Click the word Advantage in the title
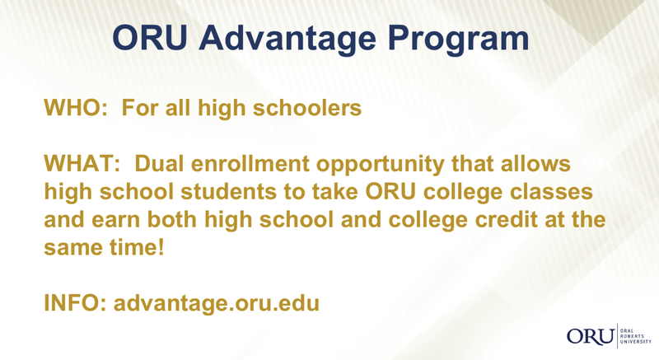click(287, 40)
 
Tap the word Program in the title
click(458, 40)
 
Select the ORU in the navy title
click(150, 37)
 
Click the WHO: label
click(76, 108)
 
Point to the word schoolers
click(306, 108)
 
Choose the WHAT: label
click(82, 163)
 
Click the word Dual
click(159, 163)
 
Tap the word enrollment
click(250, 163)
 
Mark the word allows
click(535, 163)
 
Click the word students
click(228, 192)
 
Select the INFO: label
click(75, 303)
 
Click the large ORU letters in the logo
click(591, 336)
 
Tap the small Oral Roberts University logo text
click(635, 336)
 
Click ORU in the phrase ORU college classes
click(390, 192)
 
